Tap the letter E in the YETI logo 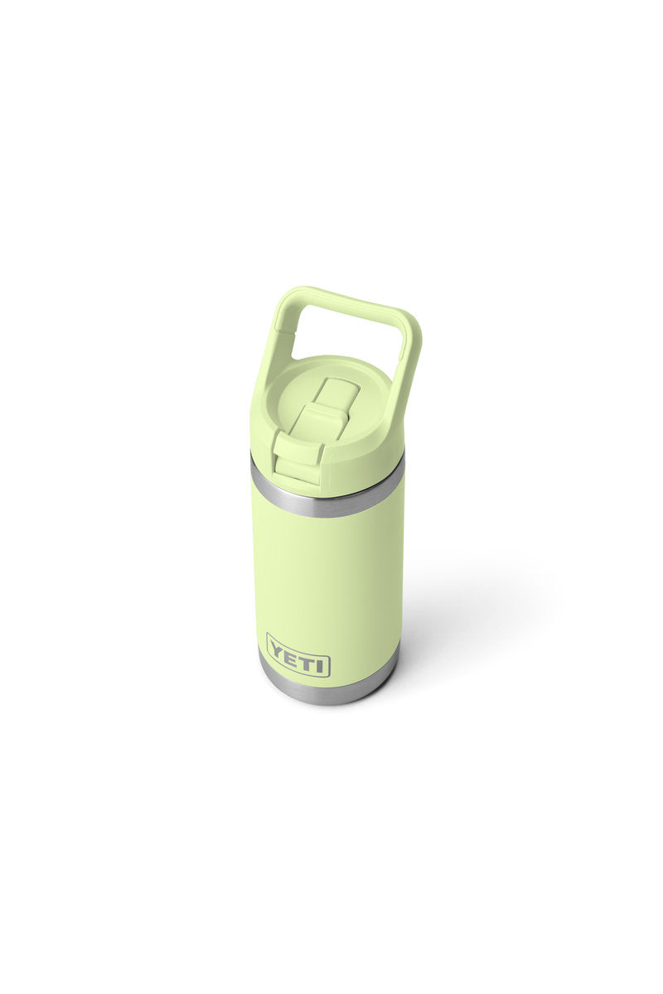tap(291, 659)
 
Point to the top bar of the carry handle tap(356, 303)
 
